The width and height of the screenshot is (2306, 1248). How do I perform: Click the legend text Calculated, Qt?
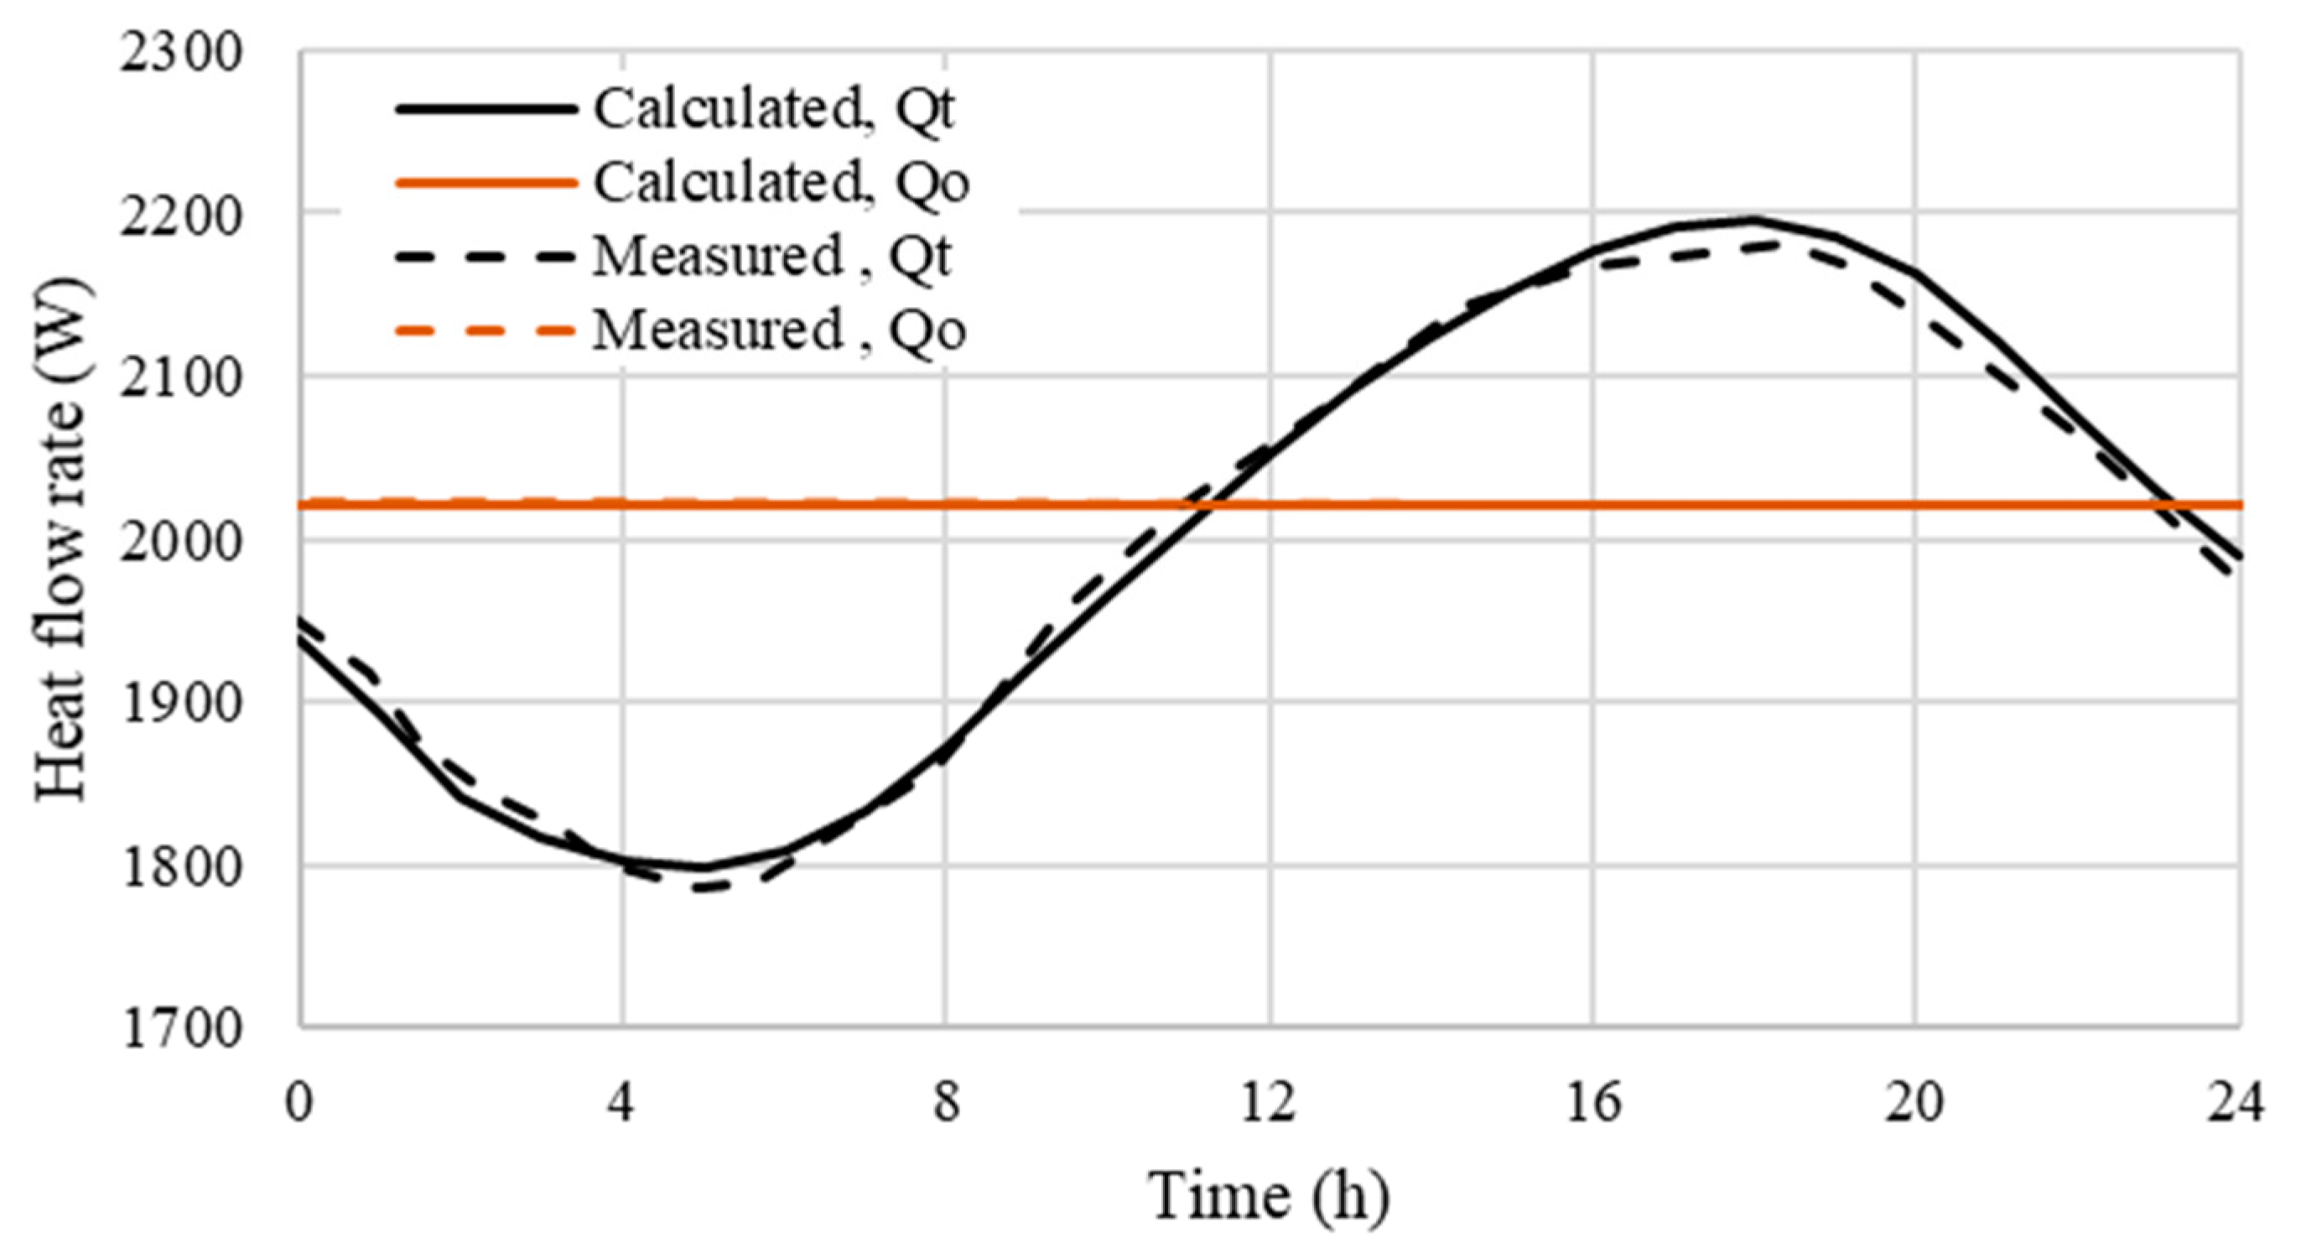[773, 110]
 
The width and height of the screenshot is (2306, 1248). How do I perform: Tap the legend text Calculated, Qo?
[781, 184]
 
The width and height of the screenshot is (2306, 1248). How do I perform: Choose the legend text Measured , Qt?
[771, 257]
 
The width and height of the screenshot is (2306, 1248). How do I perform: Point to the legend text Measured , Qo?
[779, 330]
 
